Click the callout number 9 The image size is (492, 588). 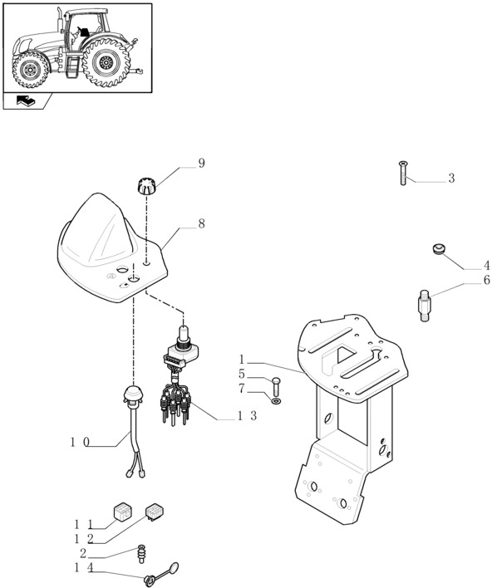pyautogui.click(x=201, y=163)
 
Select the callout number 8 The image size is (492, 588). pyautogui.click(x=201, y=224)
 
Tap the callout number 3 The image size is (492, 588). pyautogui.click(x=451, y=178)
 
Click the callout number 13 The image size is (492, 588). pyautogui.click(x=247, y=415)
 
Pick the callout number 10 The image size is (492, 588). pyautogui.click(x=80, y=443)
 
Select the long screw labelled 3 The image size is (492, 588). pyautogui.click(x=403, y=173)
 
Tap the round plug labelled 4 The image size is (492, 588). pyautogui.click(x=438, y=249)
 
